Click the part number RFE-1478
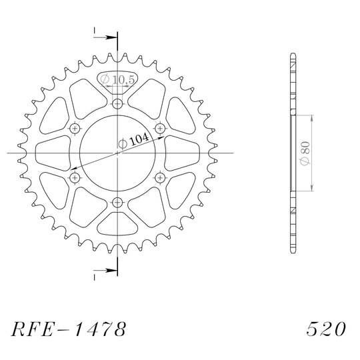69,329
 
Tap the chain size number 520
326,329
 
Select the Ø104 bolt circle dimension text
133,141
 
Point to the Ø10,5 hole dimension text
117,79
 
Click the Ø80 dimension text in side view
305,153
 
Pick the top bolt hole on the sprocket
117,104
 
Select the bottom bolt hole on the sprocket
117,202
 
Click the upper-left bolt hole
75,129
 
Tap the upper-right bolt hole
160,129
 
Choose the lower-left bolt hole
75,177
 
